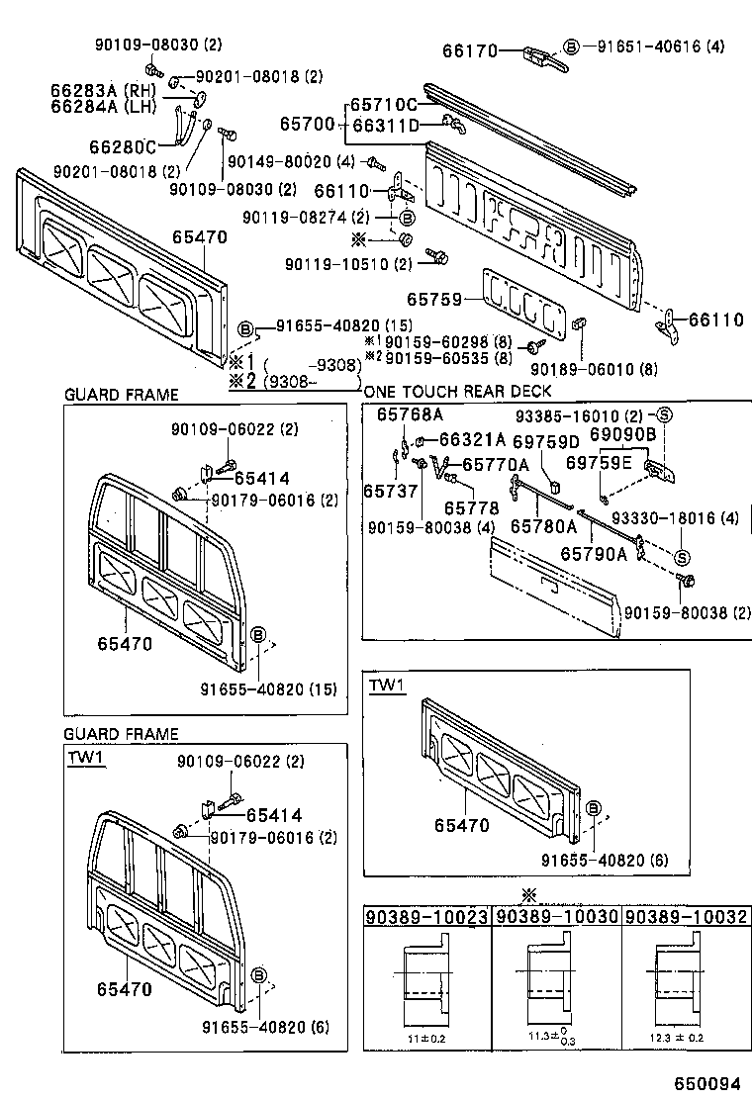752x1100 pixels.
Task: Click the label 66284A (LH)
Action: (102, 108)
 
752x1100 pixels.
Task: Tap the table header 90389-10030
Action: (556, 918)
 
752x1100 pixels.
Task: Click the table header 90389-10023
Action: (426, 918)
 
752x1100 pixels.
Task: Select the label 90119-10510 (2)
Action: (347, 264)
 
